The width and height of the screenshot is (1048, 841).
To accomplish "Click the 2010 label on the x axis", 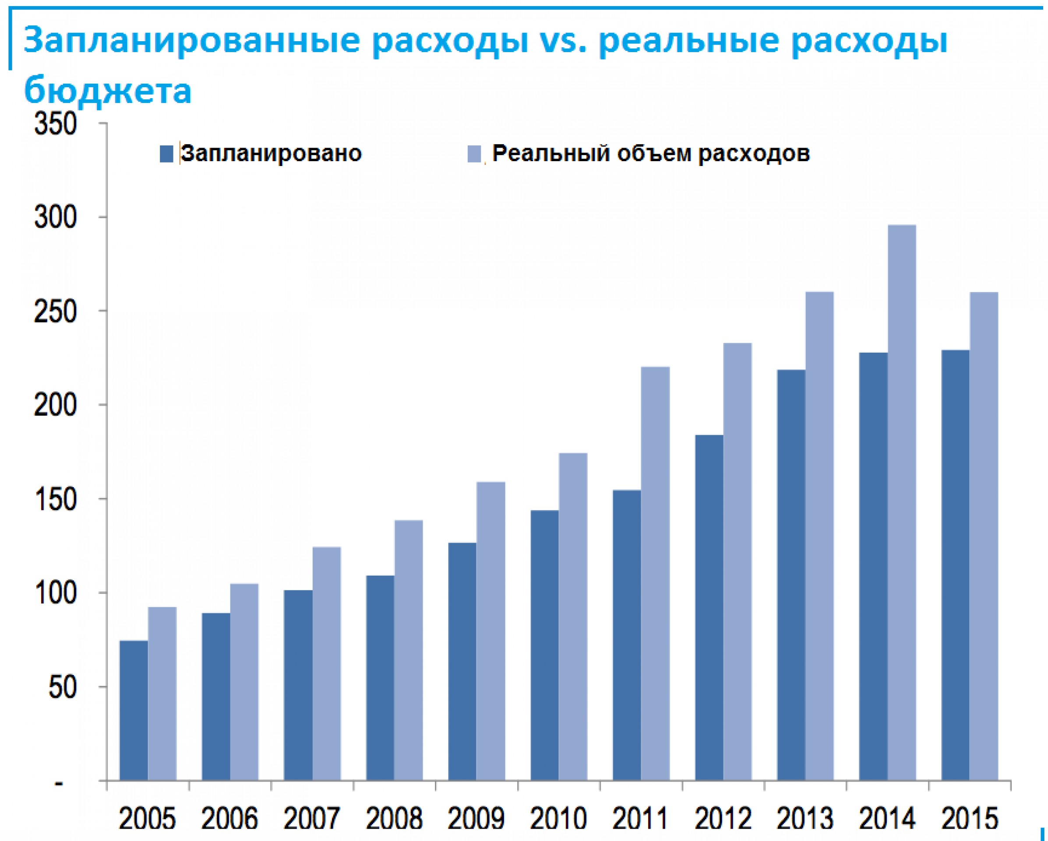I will click(x=558, y=819).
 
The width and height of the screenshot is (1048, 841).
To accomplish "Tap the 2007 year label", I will click(x=311, y=819).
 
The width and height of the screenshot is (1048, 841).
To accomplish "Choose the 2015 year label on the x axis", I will click(x=969, y=819).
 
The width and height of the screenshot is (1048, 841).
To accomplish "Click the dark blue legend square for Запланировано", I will click(x=166, y=154).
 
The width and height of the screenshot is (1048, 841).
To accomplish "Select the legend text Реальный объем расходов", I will click(x=651, y=154).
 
